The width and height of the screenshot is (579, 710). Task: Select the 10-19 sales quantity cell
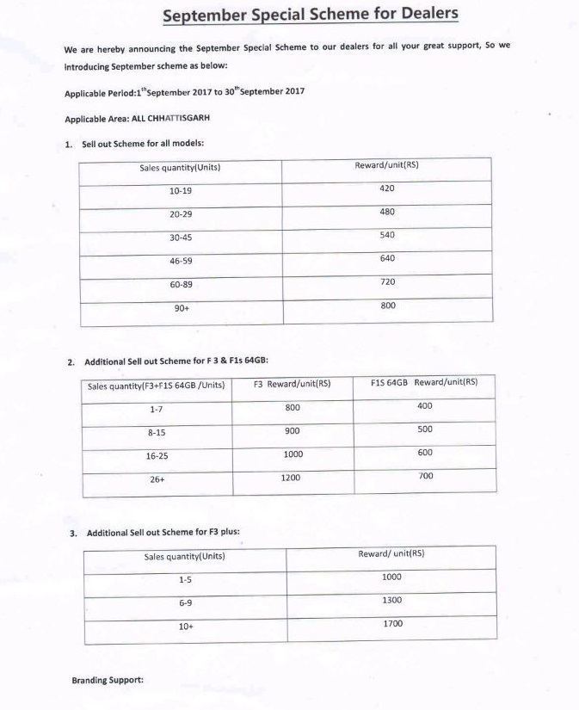(181, 190)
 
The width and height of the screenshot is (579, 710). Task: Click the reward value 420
(387, 188)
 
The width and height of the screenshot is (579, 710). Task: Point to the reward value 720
(387, 281)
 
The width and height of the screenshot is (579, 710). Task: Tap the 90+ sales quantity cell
(181, 307)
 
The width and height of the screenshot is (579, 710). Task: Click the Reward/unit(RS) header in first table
(386, 164)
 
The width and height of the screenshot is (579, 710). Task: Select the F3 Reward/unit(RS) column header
(292, 384)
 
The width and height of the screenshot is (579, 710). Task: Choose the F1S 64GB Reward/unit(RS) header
(424, 382)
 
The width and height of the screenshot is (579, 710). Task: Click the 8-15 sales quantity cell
(157, 434)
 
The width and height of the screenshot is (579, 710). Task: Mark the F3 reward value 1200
(291, 477)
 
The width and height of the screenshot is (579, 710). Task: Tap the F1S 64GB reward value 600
(425, 453)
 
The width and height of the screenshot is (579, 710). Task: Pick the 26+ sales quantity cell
(157, 479)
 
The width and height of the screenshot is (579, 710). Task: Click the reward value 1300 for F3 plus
(391, 601)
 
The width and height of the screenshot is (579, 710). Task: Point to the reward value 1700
(391, 623)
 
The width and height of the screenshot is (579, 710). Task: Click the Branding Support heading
(108, 681)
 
